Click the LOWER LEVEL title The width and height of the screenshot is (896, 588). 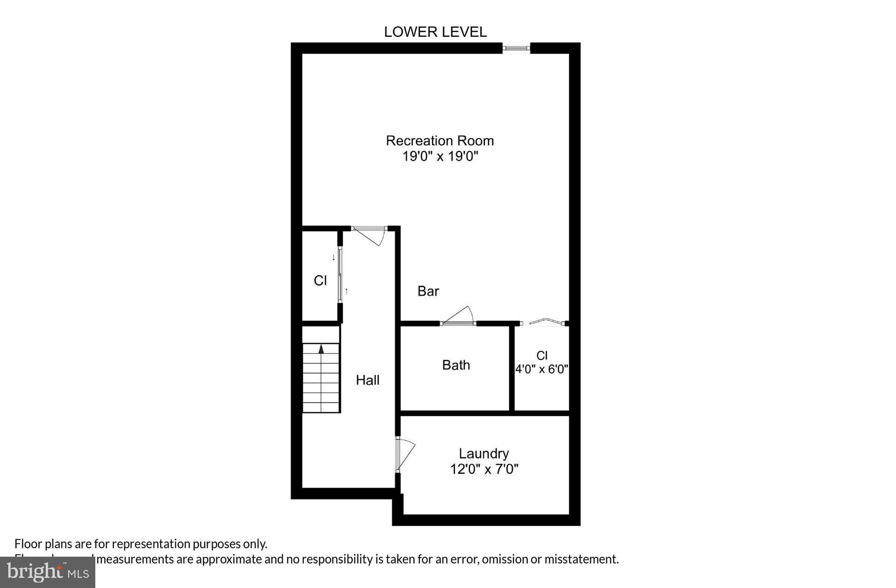435,32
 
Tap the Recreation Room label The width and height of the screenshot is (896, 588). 440,140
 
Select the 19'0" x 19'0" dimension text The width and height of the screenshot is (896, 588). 440,157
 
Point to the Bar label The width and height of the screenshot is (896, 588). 428,291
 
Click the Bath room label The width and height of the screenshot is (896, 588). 456,365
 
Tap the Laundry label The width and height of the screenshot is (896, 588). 483,454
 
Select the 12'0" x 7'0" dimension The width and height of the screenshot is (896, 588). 484,469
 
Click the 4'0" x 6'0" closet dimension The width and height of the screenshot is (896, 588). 541,369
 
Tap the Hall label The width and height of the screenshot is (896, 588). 367,380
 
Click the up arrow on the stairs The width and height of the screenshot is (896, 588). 321,349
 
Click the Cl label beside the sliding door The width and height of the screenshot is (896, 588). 320,280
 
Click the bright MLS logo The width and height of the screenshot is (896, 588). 47,572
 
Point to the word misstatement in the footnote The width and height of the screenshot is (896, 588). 581,559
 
